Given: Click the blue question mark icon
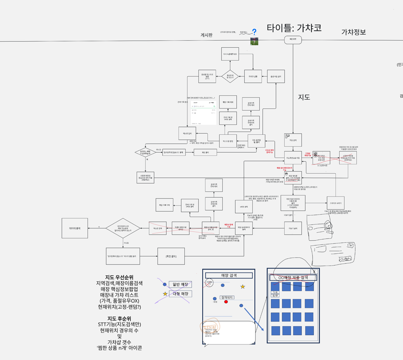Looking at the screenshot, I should click(x=254, y=32).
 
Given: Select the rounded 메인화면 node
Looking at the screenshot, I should click(x=293, y=39).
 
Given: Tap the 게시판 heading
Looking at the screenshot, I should click(x=207, y=35).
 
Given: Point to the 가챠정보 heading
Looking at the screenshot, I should click(x=353, y=32).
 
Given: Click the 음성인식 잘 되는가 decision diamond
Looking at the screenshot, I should click(x=230, y=77).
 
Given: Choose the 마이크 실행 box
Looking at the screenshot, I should click(x=253, y=77).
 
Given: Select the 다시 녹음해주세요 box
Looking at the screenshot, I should click(x=230, y=54).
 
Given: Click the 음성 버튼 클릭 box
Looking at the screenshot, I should click(x=277, y=77).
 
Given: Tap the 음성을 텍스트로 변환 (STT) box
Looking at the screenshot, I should click(x=207, y=77).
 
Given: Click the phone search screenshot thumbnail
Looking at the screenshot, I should click(x=204, y=113).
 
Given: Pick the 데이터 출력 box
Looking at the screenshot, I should click(x=75, y=228).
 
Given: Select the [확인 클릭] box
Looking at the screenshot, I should click(x=171, y=256).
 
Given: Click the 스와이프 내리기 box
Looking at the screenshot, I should click(x=336, y=203).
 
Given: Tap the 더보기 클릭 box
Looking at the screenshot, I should click(x=293, y=228).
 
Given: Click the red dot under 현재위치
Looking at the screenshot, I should click(x=226, y=302).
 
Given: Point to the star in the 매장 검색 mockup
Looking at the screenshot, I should click(x=243, y=287).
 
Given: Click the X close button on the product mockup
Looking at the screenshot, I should click(x=314, y=271).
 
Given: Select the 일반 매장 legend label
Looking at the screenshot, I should click(x=180, y=285).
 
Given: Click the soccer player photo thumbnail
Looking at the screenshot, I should click(x=254, y=41).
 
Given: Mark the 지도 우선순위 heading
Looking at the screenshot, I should click(x=119, y=277).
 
